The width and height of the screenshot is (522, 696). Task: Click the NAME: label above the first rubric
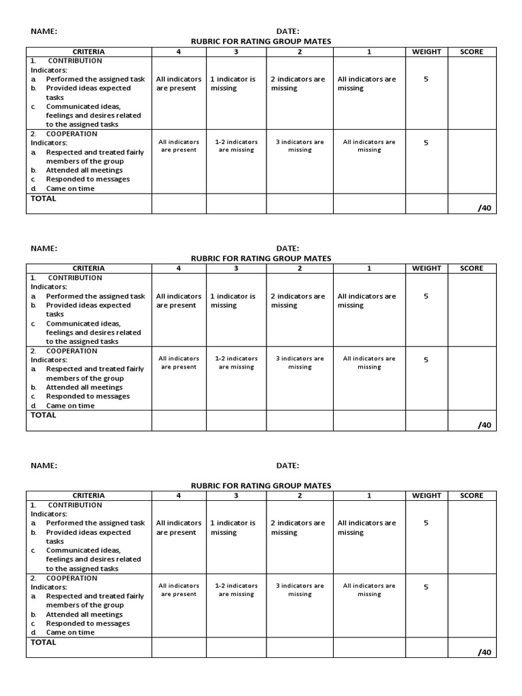point(43,31)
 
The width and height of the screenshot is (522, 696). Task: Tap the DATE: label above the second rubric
point(288,248)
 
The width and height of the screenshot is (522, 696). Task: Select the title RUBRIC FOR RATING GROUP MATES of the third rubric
point(261,485)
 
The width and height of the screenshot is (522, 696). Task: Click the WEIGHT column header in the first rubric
point(426,52)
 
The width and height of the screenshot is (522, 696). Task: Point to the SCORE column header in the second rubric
point(471,268)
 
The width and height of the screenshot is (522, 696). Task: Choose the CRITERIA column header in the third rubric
point(89,495)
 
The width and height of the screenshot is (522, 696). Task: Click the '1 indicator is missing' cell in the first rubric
point(232,84)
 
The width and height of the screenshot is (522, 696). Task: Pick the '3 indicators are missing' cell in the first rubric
point(299,145)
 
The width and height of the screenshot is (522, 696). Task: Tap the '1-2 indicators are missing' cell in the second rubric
point(236,362)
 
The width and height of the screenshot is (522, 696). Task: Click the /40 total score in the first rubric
point(484,208)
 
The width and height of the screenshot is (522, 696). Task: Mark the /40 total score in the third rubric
point(484,652)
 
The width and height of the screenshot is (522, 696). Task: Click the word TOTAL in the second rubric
point(43,415)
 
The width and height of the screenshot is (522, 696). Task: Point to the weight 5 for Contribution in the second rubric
point(426,296)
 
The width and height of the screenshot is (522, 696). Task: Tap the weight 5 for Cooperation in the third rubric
point(426,587)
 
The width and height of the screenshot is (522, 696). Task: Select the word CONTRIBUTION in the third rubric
point(75,505)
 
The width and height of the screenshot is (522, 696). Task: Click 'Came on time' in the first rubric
point(70,188)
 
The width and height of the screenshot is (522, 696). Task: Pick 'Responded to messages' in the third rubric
point(88,623)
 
